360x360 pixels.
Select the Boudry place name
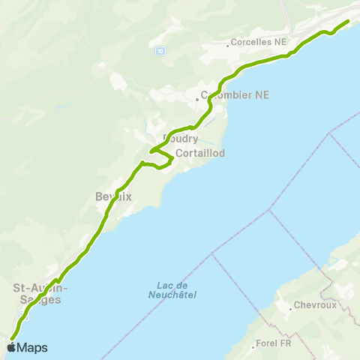click(181, 139)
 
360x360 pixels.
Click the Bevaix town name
click(113, 196)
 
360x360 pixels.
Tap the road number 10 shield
click(160, 50)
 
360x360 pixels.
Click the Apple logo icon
click(11, 347)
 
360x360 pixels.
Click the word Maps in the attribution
click(32, 347)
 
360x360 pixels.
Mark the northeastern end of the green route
click(348, 22)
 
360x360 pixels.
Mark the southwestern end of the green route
click(12, 338)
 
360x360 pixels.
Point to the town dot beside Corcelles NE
click(227, 42)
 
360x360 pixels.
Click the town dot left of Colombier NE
click(197, 97)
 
